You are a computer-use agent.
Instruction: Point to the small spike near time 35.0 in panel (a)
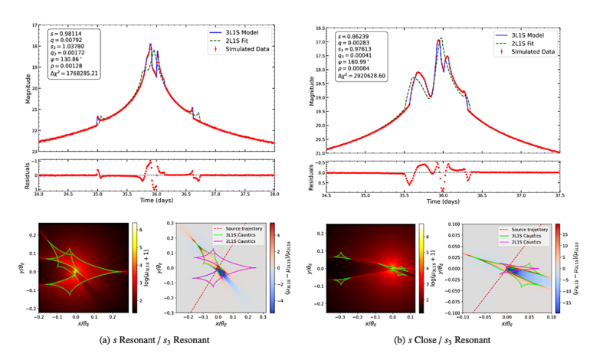click(x=97, y=117)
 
